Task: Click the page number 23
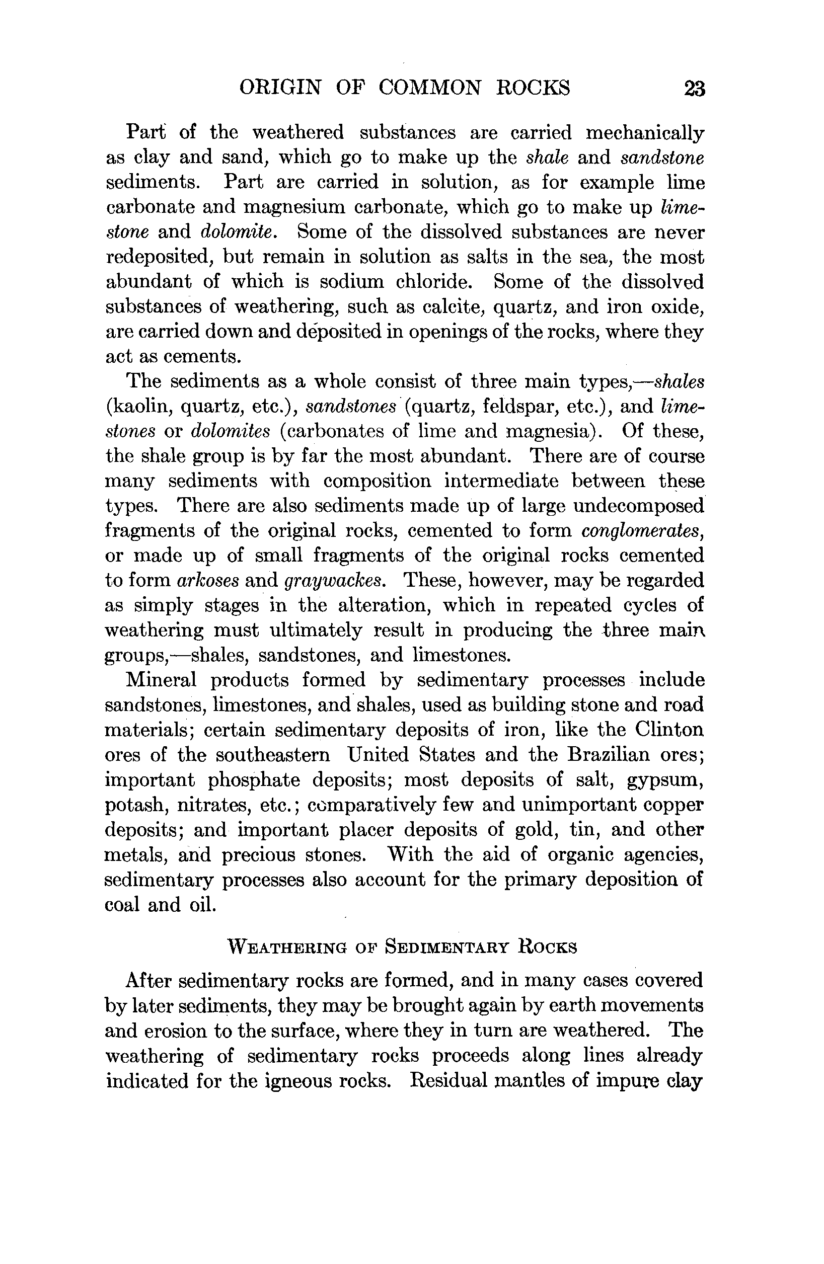coord(694,88)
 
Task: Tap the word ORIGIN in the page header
coord(280,87)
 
